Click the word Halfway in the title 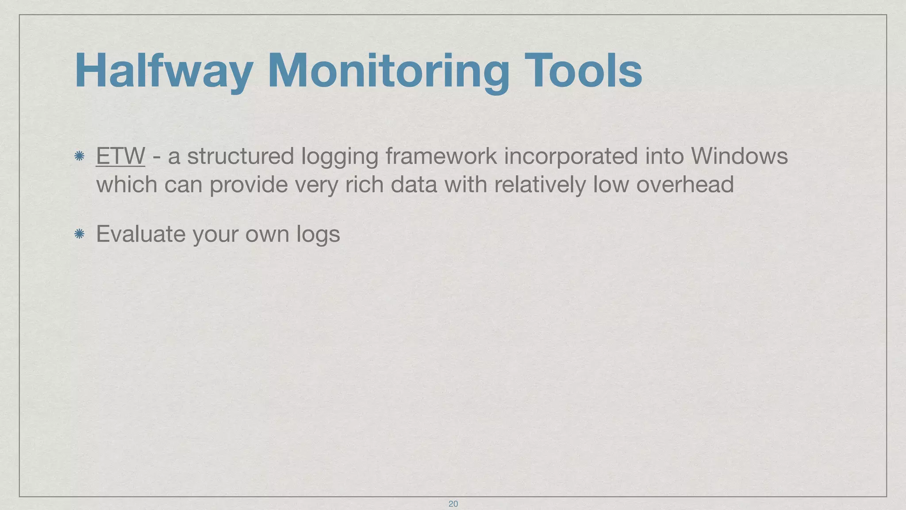[x=164, y=71]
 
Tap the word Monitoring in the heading [x=388, y=71]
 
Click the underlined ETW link [x=120, y=156]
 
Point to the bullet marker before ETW [x=80, y=156]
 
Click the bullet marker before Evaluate [x=80, y=234]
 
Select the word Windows [x=739, y=156]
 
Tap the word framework [x=441, y=156]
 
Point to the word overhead [x=685, y=184]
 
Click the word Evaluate [x=141, y=234]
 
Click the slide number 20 [x=453, y=504]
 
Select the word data [x=414, y=184]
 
